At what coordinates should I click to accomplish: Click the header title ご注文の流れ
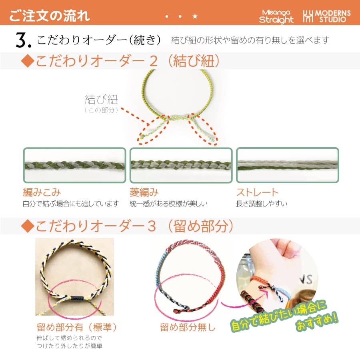pyautogui.click(x=50, y=16)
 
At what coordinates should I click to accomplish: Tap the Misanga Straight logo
pyautogui.click(x=276, y=16)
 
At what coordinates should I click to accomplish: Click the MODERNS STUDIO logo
pyautogui.click(x=326, y=16)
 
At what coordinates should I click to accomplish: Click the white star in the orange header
pyautogui.click(x=195, y=16)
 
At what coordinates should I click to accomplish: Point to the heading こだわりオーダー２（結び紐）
pyautogui.click(x=120, y=61)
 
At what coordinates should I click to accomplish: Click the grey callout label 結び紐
pyautogui.click(x=101, y=100)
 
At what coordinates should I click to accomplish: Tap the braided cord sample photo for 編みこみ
pyautogui.click(x=74, y=165)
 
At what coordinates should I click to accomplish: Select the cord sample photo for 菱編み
pyautogui.click(x=181, y=165)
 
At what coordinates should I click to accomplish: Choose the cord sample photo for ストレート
pyautogui.click(x=287, y=165)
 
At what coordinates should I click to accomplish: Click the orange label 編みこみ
pyautogui.click(x=42, y=192)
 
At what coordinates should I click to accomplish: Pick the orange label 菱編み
pyautogui.click(x=144, y=192)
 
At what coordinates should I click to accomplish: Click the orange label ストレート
pyautogui.click(x=257, y=192)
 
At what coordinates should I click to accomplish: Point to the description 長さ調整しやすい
pyautogui.click(x=262, y=204)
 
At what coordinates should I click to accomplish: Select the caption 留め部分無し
pyautogui.click(x=188, y=327)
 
